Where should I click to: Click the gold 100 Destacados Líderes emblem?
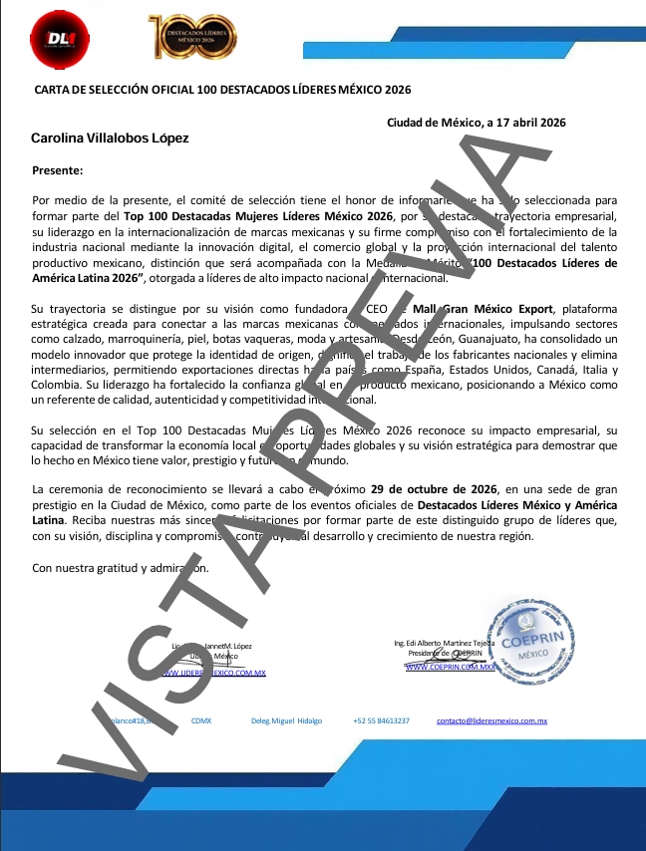pyautogui.click(x=192, y=37)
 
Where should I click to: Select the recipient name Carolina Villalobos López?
pyautogui.click(x=110, y=139)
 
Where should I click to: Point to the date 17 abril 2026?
pyautogui.click(x=526, y=123)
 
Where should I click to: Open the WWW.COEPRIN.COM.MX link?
pyautogui.click(x=451, y=667)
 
